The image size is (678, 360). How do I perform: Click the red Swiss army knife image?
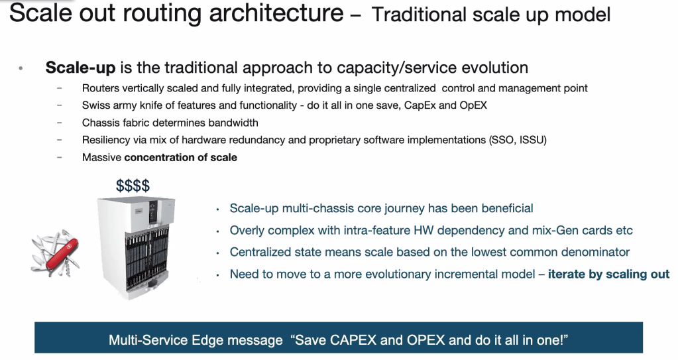tap(55, 253)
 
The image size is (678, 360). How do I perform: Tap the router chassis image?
tap(137, 247)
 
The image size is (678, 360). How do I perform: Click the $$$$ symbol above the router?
tap(133, 186)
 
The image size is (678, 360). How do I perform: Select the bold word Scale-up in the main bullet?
tap(80, 68)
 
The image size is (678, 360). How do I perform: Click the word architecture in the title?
tap(276, 13)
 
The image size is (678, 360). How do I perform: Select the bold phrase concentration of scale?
tap(181, 158)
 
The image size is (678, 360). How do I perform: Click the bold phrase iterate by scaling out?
tap(609, 274)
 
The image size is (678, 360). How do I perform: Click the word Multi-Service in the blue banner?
tap(148, 340)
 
